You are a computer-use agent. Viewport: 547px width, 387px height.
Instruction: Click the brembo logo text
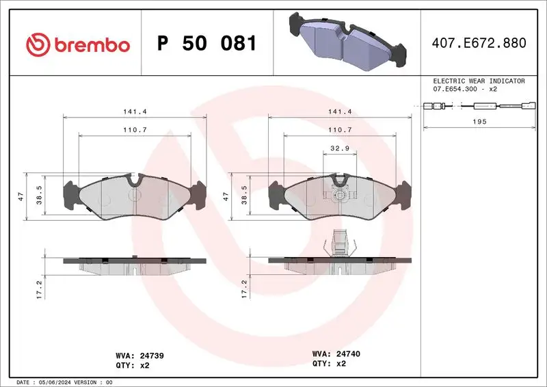click(x=91, y=45)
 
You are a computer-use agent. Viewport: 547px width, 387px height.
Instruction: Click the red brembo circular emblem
click(x=38, y=45)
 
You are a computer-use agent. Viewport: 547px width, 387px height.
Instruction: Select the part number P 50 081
click(x=206, y=44)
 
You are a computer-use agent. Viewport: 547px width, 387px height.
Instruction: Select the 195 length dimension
click(x=480, y=121)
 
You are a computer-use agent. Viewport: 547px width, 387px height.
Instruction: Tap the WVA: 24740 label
click(x=335, y=353)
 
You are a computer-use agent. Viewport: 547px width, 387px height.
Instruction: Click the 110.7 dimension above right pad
click(x=340, y=129)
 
